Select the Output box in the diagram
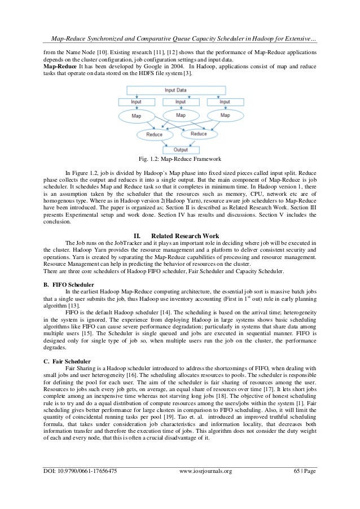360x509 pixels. tap(179, 150)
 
